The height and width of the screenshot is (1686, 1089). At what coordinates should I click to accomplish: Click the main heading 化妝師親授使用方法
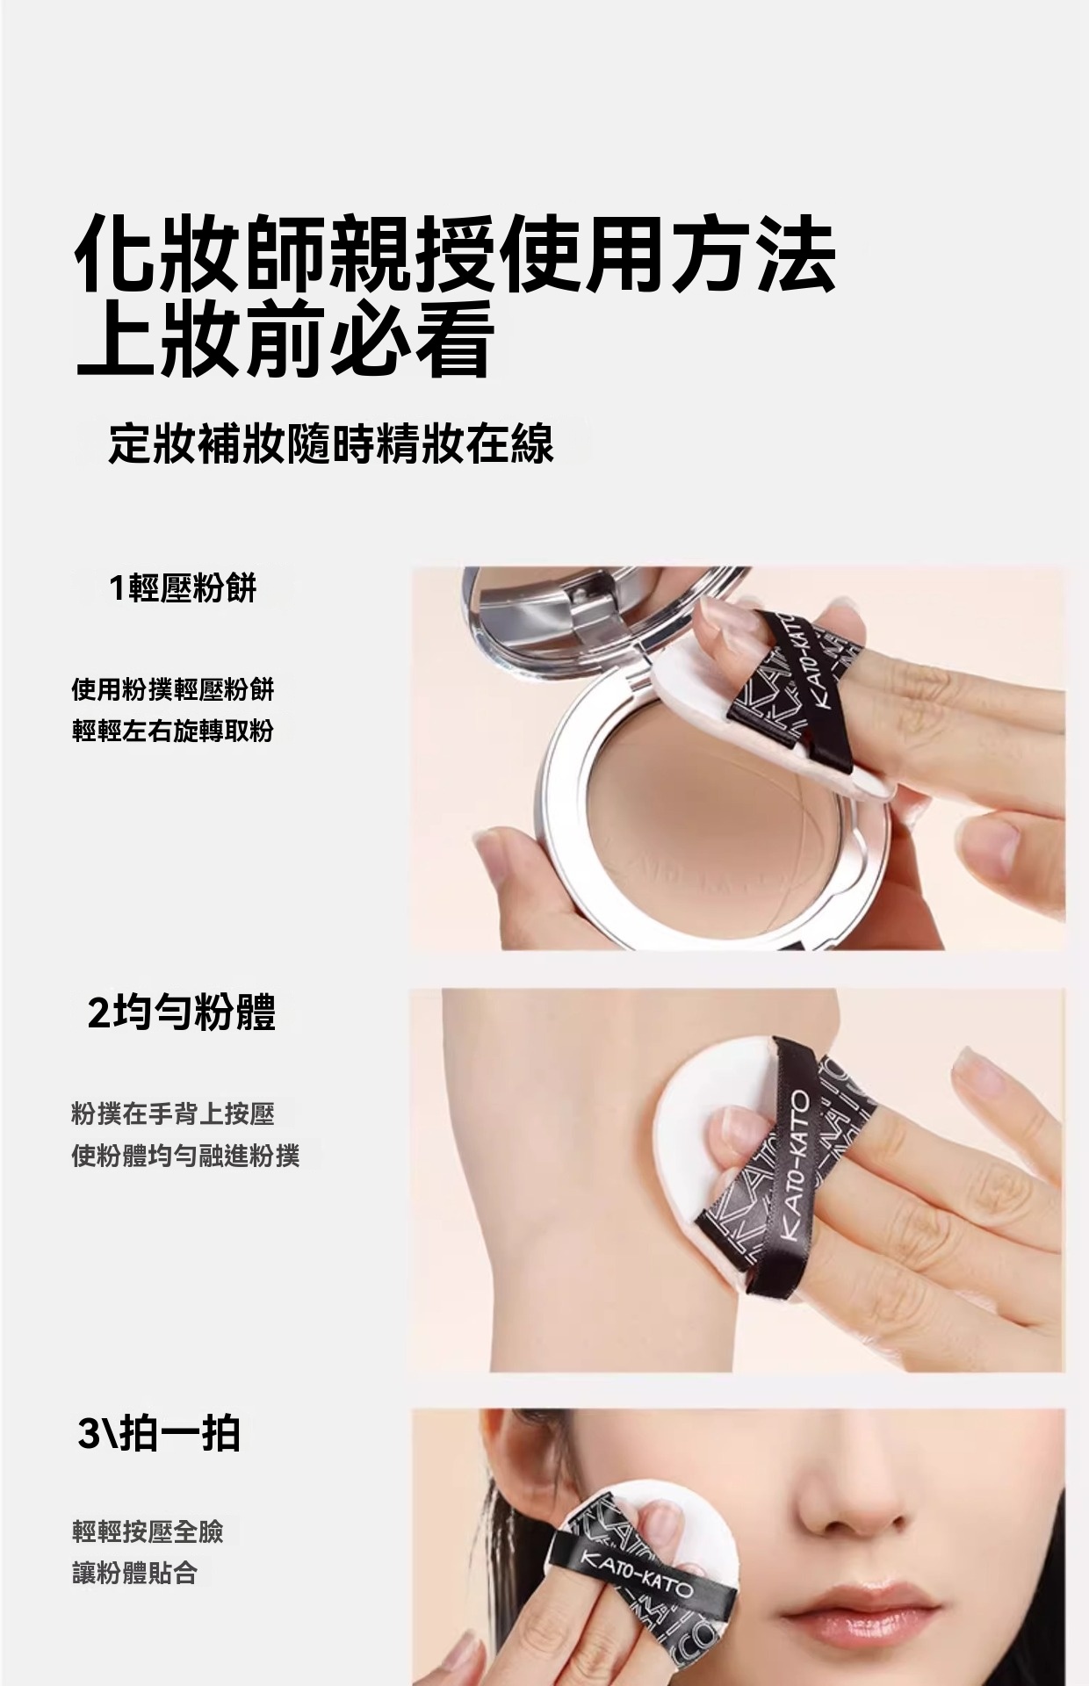[x=455, y=254]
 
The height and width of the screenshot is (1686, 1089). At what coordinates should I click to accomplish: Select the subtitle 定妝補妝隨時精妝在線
[x=331, y=443]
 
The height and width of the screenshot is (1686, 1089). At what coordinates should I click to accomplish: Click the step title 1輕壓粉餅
[x=183, y=588]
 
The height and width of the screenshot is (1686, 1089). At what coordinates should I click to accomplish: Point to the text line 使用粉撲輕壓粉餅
[x=173, y=689]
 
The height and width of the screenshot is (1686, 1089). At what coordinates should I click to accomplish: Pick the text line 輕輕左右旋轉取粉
[x=173, y=730]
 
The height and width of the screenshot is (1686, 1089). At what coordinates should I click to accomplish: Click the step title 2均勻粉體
[x=182, y=1012]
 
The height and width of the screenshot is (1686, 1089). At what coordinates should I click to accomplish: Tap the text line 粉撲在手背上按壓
[x=173, y=1115]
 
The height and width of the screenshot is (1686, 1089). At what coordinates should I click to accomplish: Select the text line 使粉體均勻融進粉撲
[x=185, y=1156]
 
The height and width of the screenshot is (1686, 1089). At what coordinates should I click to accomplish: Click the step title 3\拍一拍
[x=159, y=1435]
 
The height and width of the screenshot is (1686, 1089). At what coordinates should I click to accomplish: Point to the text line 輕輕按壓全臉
[x=148, y=1531]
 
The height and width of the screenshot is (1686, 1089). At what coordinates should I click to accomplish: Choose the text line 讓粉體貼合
[x=134, y=1573]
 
